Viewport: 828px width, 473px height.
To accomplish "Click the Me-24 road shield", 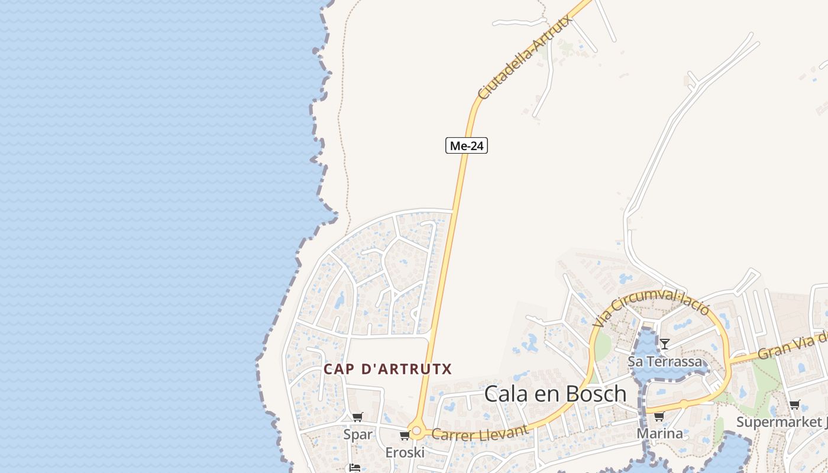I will (466, 145).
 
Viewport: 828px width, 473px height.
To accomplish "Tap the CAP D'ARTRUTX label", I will (387, 370).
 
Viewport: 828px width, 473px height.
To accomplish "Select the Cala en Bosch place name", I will (555, 394).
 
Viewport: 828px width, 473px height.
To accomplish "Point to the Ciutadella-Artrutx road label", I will (525, 57).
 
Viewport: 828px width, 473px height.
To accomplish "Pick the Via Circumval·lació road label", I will (651, 307).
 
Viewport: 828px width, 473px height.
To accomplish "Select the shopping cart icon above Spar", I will (357, 417).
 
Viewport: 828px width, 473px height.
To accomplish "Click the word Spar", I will (358, 435).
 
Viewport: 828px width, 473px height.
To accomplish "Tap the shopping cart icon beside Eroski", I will (405, 436).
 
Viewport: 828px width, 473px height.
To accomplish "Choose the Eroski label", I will (405, 452).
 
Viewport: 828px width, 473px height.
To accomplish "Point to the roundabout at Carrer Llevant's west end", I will (416, 432).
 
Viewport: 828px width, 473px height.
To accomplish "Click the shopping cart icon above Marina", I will (659, 417).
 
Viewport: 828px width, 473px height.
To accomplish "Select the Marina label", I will (659, 433).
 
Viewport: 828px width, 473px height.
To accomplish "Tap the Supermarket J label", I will (781, 422).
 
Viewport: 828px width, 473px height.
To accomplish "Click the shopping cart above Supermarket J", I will (794, 405).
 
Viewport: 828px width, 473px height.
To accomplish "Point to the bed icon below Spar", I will (354, 468).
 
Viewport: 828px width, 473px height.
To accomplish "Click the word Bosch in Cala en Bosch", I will (595, 394).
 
